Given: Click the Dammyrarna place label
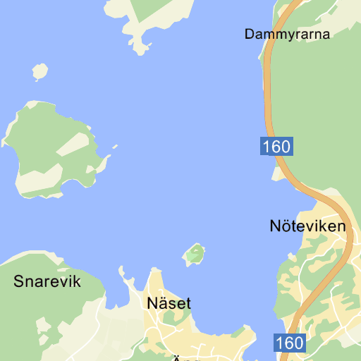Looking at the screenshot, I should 287,34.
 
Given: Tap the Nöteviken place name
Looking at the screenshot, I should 307,226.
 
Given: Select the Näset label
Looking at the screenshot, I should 169,304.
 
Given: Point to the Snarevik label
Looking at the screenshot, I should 47,282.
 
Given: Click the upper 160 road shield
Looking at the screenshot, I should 276,147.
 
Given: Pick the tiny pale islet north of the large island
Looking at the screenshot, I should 40,71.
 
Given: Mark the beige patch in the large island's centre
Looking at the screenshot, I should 73,144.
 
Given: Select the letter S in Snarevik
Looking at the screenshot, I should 18,282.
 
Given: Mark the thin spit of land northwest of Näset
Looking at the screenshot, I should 125,275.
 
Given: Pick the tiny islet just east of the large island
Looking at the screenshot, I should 114,147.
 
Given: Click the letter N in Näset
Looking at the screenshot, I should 153,304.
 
